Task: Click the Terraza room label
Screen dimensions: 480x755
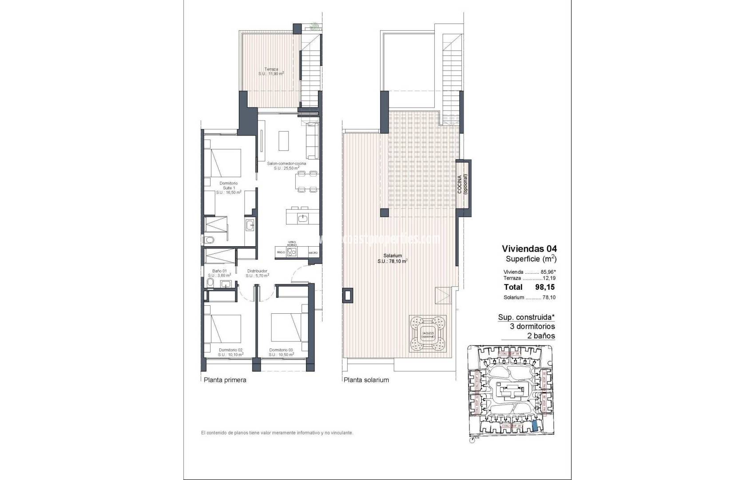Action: point(271,72)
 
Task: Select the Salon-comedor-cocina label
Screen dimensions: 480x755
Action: point(286,166)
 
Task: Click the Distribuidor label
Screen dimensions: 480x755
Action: point(257,273)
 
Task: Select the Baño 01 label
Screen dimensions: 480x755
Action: point(219,273)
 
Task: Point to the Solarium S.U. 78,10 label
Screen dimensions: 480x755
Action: point(393,259)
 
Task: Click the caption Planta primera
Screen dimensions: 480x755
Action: point(225,380)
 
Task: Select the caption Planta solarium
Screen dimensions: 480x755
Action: point(366,380)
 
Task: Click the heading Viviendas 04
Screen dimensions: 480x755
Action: point(529,248)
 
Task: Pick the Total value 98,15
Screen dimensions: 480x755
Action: point(545,287)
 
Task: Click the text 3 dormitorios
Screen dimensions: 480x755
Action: point(532,327)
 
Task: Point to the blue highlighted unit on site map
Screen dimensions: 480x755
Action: point(536,426)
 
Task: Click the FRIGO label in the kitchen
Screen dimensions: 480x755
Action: point(280,252)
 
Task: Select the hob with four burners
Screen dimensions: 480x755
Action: point(292,252)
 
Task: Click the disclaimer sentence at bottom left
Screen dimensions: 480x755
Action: point(277,432)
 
